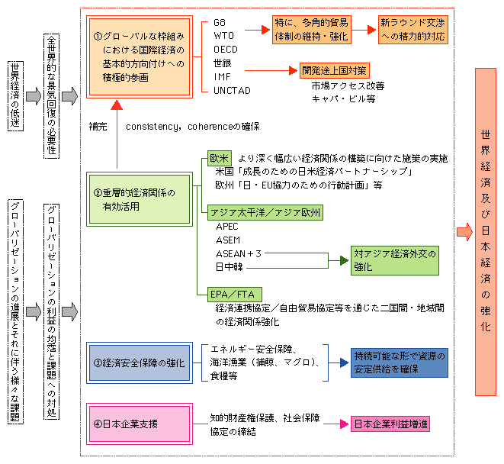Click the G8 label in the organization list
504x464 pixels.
pyautogui.click(x=219, y=21)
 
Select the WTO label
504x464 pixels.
pyautogui.click(x=222, y=35)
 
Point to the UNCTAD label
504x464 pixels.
pyautogui.click(x=230, y=90)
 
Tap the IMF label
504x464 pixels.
pyautogui.click(x=220, y=76)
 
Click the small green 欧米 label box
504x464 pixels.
pyautogui.click(x=220, y=158)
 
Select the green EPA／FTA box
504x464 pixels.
pyautogui.click(x=232, y=294)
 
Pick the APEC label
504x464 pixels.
pyautogui.click(x=227, y=227)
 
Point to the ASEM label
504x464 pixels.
pyautogui.click(x=228, y=240)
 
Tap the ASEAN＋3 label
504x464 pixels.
pyautogui.click(x=239, y=253)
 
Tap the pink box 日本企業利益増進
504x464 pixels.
pyautogui.click(x=389, y=424)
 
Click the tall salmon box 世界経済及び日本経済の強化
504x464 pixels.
pyautogui.click(x=486, y=231)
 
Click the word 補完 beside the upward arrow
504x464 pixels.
pyautogui.click(x=98, y=125)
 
